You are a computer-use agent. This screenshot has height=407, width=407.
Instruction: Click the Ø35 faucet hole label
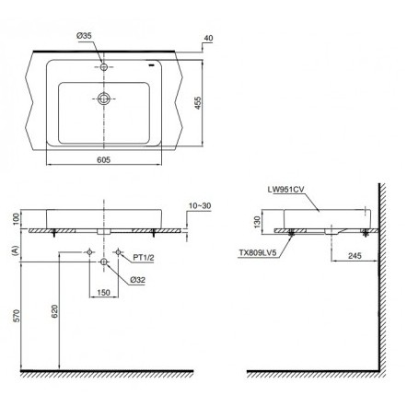84,36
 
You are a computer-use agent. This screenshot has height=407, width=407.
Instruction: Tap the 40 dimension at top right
208,38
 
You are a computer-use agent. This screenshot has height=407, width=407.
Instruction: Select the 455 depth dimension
198,103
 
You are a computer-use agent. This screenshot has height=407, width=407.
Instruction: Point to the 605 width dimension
104,160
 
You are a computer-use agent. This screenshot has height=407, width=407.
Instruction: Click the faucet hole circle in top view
104,66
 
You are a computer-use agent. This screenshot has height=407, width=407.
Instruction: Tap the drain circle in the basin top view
104,99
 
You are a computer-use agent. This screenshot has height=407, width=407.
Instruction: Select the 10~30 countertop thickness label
200,205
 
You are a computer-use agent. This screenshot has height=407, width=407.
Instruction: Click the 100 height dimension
17,218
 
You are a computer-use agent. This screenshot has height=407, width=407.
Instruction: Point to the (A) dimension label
15,250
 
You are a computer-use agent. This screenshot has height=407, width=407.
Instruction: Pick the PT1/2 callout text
144,258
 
